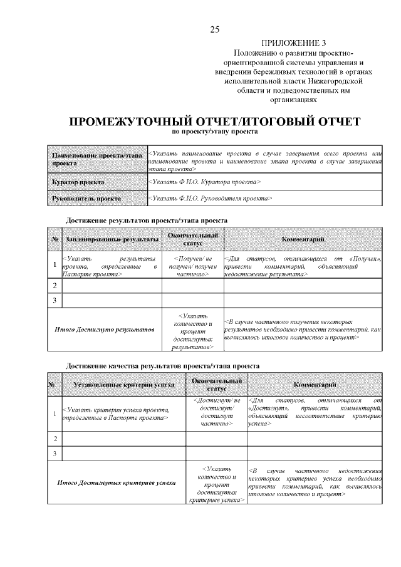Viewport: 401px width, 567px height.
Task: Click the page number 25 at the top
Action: pyautogui.click(x=214, y=29)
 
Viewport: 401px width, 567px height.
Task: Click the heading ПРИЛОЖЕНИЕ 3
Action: pyautogui.click(x=289, y=44)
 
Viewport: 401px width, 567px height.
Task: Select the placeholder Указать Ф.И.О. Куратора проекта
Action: pyautogui.click(x=205, y=182)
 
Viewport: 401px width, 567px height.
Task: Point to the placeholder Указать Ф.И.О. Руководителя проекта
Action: pyautogui.click(x=211, y=199)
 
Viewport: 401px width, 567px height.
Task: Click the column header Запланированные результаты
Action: pyautogui.click(x=112, y=239)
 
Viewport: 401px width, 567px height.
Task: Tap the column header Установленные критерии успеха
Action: pyautogui.click(x=123, y=384)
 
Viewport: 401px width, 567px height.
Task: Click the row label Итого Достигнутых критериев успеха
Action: pyautogui.click(x=117, y=482)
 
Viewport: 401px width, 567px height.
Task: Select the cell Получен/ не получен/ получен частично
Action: pyautogui.click(x=192, y=266)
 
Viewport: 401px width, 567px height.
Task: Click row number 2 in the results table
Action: pyautogui.click(x=55, y=286)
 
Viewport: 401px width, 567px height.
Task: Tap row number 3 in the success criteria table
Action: pyautogui.click(x=55, y=453)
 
